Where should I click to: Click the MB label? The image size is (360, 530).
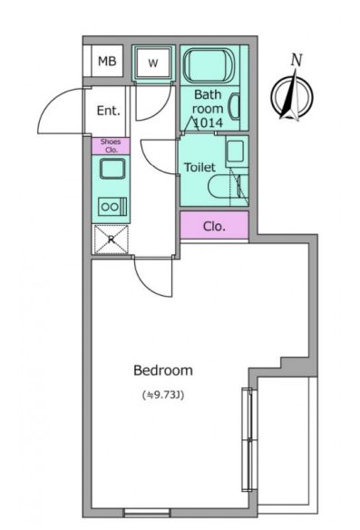click(107, 61)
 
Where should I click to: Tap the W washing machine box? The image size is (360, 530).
click(153, 63)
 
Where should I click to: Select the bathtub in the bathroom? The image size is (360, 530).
click(209, 65)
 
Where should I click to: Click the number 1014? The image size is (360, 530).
click(208, 123)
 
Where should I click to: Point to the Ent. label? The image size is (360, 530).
click(109, 111)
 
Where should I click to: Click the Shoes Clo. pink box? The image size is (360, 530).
click(111, 146)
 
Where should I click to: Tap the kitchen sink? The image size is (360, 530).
click(112, 168)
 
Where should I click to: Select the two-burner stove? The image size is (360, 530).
click(112, 207)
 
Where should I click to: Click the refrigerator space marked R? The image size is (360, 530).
click(112, 240)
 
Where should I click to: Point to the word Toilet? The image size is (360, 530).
click(199, 167)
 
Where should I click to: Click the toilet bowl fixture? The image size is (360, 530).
click(225, 187)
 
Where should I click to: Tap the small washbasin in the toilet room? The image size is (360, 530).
click(236, 151)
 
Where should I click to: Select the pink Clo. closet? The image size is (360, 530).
click(214, 225)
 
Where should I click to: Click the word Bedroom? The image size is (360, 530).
click(163, 370)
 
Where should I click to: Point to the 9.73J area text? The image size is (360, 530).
click(163, 395)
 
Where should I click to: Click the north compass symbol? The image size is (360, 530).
click(292, 96)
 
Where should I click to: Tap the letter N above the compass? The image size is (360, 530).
click(297, 60)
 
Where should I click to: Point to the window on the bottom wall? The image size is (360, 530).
click(147, 513)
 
